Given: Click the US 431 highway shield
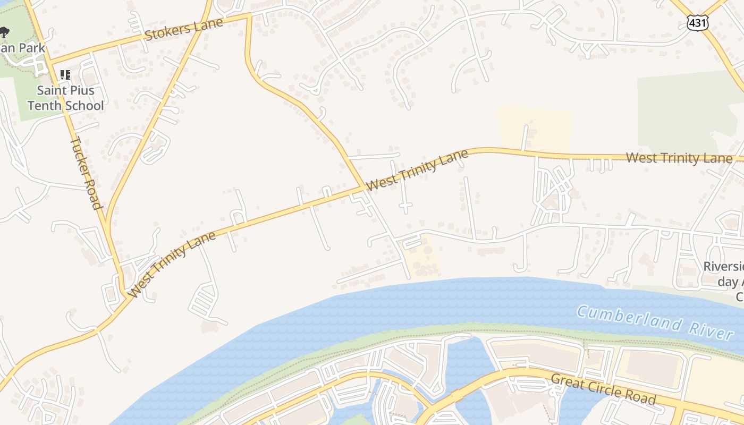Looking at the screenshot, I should pyautogui.click(x=697, y=22).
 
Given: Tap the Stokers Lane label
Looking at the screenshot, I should pyautogui.click(x=183, y=30).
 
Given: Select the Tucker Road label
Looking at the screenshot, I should pyautogui.click(x=86, y=173).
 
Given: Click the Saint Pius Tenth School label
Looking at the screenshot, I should pyautogui.click(x=66, y=98).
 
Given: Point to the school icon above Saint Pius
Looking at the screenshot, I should pyautogui.click(x=65, y=74).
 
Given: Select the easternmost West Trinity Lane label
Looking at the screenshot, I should pyautogui.click(x=679, y=158).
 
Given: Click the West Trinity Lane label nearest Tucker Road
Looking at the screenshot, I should pyautogui.click(x=173, y=264).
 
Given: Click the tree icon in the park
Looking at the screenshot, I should pyautogui.click(x=4, y=32).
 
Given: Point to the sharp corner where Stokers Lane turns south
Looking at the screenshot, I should pyautogui.click(x=248, y=16).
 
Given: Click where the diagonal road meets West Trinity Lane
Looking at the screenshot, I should pyautogui.click(x=365, y=187).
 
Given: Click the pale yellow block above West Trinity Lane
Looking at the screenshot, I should pyautogui.click(x=534, y=127).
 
